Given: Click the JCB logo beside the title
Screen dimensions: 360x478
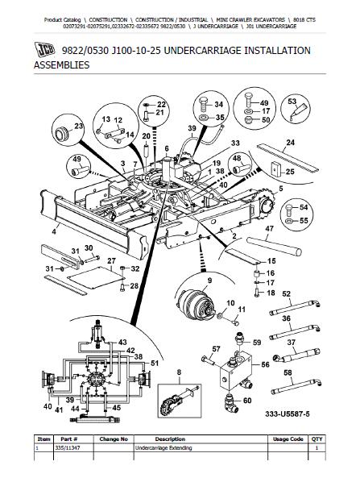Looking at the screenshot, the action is point(44,50).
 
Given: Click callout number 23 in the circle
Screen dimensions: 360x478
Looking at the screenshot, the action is point(79,126).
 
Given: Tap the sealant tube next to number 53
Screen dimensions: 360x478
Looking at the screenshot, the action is point(300,111).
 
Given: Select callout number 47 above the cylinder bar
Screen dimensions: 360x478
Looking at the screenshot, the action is point(269,229).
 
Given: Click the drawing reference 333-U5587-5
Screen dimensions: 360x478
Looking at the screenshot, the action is point(288,414).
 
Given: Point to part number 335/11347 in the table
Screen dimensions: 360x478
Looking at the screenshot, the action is point(68,448).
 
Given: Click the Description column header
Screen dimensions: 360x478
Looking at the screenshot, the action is point(170,439).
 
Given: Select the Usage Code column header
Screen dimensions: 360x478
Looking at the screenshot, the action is point(288,439).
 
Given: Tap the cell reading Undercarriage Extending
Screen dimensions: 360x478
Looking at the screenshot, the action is point(163,448).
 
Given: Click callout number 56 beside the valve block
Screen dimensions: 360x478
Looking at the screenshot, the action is point(265,364).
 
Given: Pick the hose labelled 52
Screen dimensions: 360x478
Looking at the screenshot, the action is point(295,307).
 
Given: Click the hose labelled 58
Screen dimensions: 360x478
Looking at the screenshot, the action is point(296,386).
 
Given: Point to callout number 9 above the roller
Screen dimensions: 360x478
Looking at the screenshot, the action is point(209,281).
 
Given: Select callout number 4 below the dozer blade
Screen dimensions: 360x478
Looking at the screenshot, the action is point(54,231).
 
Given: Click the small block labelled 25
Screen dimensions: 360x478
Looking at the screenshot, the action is point(276,168).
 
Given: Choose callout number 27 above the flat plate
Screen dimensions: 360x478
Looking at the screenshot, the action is point(111,261).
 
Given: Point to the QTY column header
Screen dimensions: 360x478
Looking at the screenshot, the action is point(317,439).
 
